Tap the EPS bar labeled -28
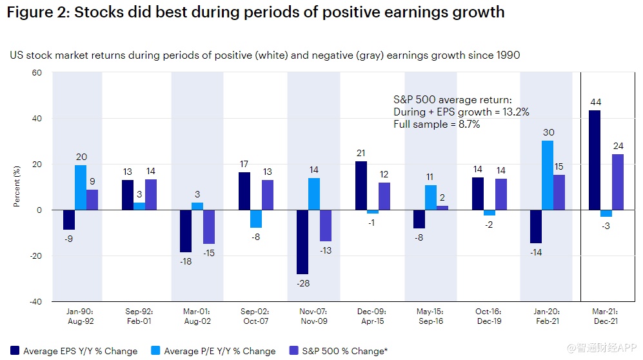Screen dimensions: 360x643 (x=302, y=242)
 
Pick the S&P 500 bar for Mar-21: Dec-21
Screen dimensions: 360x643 (x=618, y=182)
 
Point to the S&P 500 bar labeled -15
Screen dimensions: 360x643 (x=209, y=226)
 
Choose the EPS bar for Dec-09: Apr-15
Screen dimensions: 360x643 (x=361, y=186)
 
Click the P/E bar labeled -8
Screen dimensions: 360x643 (x=256, y=219)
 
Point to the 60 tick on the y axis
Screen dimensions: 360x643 (x=36, y=73)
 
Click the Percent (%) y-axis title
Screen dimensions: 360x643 (x=17, y=187)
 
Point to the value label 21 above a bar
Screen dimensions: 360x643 (x=361, y=152)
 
